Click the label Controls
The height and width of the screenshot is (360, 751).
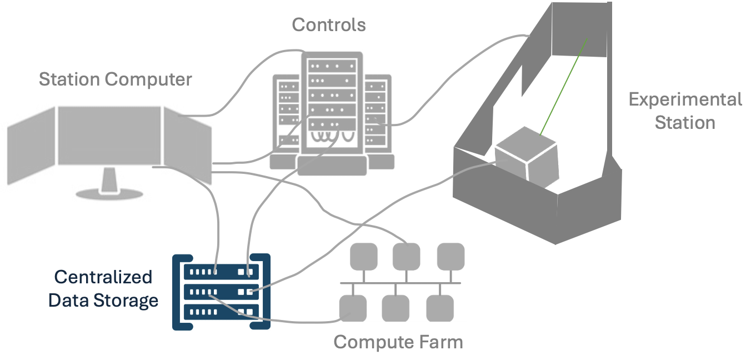coord(329,25)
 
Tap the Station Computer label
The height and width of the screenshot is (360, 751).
coord(115,79)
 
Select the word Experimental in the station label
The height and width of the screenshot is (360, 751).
coord(685,100)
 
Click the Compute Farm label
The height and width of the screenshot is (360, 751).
coord(398,342)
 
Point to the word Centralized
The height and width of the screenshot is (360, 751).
coord(103,277)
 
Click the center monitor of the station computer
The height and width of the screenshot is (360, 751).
coord(109,136)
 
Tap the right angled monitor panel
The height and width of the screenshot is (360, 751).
coord(187,146)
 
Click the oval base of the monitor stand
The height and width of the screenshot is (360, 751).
coord(109,194)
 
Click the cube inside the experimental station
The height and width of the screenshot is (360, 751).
coord(526,156)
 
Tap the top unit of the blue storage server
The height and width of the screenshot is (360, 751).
coord(221,272)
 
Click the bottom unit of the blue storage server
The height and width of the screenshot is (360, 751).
coord(221,312)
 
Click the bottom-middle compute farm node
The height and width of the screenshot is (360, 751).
coord(395,308)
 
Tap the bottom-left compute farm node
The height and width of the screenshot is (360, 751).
coord(353,308)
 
